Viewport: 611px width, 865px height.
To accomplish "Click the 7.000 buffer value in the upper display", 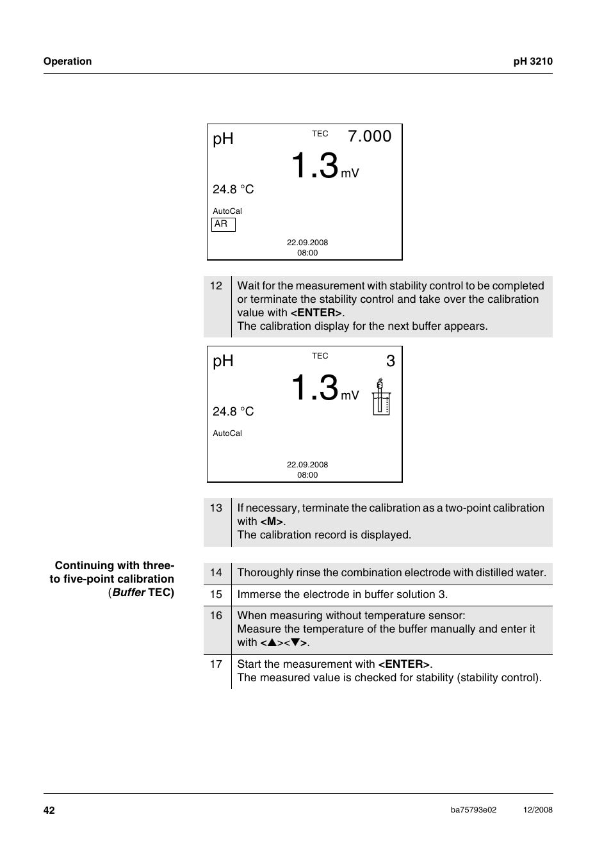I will (370, 136).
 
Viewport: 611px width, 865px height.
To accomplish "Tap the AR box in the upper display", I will (223, 224).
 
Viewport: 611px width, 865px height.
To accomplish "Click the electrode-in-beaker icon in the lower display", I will (381, 397).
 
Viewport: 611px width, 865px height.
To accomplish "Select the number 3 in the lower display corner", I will (390, 361).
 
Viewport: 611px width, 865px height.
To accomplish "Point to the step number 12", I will (216, 286).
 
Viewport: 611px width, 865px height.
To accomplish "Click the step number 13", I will (216, 508).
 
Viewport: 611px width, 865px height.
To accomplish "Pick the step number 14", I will (216, 573).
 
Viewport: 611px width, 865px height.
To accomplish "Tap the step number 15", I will (216, 595).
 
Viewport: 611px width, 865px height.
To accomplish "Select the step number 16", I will (216, 616).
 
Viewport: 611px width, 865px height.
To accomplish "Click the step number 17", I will (216, 665).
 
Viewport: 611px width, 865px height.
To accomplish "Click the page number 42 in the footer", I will (49, 811).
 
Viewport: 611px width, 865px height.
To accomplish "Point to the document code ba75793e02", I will (473, 810).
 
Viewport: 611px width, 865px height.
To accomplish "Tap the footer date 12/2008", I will (537, 810).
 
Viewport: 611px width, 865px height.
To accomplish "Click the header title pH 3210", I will (533, 61).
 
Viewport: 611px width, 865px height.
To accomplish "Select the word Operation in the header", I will (67, 61).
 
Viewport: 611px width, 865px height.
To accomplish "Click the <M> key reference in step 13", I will (272, 522).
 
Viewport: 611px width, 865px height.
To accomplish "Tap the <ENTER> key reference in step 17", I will (403, 665).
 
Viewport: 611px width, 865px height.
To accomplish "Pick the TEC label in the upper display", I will (320, 134).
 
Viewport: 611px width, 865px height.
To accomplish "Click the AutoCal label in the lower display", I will (227, 433).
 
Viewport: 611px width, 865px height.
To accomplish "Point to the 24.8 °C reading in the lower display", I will (233, 412).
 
